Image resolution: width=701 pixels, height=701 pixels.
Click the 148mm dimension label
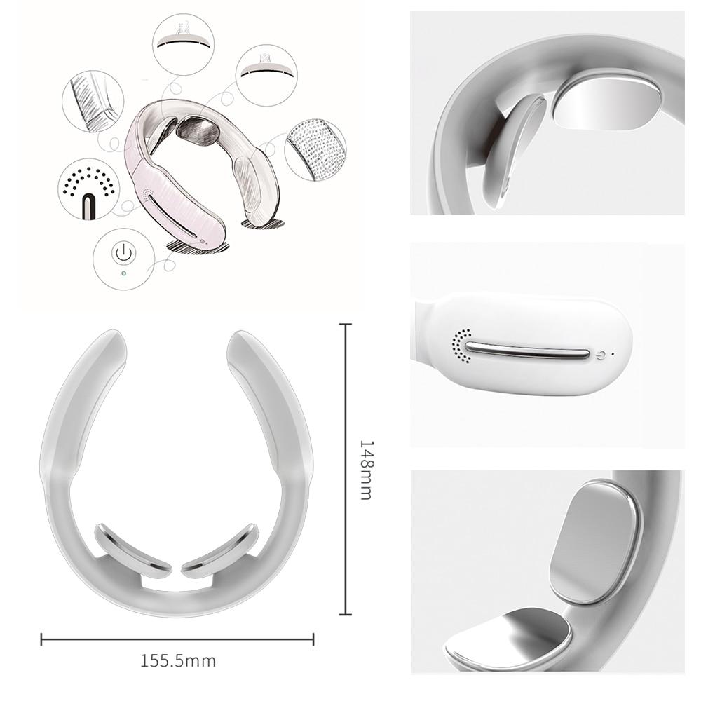click(x=365, y=470)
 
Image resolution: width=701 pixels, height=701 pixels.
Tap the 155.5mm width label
click(x=178, y=660)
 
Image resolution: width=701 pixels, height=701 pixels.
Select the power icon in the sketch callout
click(x=123, y=252)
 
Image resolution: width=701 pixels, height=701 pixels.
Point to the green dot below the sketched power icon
click(x=123, y=273)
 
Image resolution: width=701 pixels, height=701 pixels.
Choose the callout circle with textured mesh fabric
click(x=315, y=149)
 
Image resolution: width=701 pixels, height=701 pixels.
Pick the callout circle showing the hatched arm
click(x=93, y=102)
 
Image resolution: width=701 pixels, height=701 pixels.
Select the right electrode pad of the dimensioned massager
click(x=219, y=550)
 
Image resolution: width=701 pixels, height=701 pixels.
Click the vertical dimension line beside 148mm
click(x=344, y=470)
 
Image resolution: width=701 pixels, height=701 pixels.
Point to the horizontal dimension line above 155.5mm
click(x=177, y=639)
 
